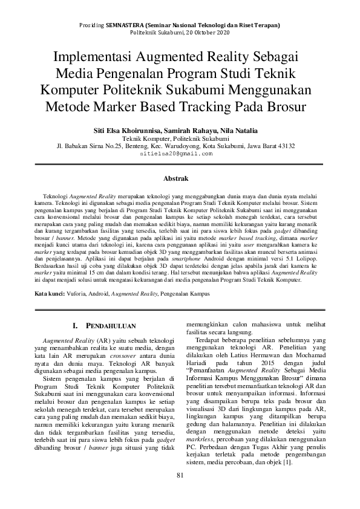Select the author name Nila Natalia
[x=241, y=130]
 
